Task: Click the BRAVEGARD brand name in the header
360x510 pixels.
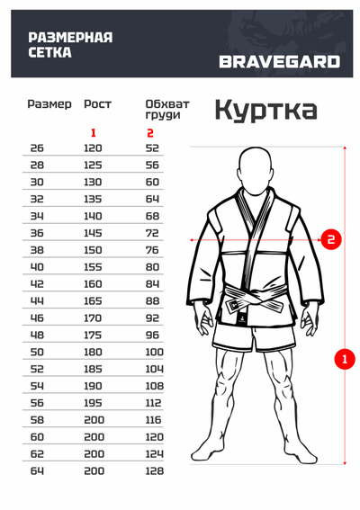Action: point(279,62)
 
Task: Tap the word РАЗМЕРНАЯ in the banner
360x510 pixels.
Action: point(71,37)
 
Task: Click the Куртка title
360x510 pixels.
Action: point(265,110)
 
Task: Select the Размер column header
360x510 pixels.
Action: point(49,104)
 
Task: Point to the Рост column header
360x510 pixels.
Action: point(97,104)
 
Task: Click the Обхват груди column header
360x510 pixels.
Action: point(163,110)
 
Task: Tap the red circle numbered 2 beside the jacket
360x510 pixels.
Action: point(331,239)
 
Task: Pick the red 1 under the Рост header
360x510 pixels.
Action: point(93,133)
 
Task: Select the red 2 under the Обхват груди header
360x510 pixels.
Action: point(150,133)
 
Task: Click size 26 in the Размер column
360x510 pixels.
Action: point(37,148)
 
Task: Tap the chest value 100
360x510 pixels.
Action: point(154,353)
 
